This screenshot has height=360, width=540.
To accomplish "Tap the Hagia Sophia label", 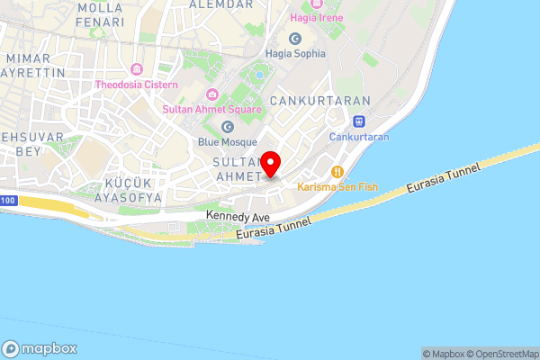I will (x=295, y=53).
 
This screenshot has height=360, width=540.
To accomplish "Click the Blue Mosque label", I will (x=228, y=141).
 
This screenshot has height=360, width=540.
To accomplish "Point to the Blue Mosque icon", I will (x=228, y=126).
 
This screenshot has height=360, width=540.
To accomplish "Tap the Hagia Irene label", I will (x=319, y=16).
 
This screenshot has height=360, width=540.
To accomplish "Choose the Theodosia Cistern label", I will (x=138, y=85).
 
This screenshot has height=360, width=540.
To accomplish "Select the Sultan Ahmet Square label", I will (x=212, y=109).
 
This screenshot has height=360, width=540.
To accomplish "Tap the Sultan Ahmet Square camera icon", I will (x=212, y=94).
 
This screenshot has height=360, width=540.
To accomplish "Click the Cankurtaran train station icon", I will (x=359, y=121).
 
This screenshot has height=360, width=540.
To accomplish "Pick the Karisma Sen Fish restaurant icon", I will (x=337, y=171).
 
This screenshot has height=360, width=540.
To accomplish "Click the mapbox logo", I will (x=40, y=348).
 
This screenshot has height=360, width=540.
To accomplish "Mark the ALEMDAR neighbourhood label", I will (x=221, y=4).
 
